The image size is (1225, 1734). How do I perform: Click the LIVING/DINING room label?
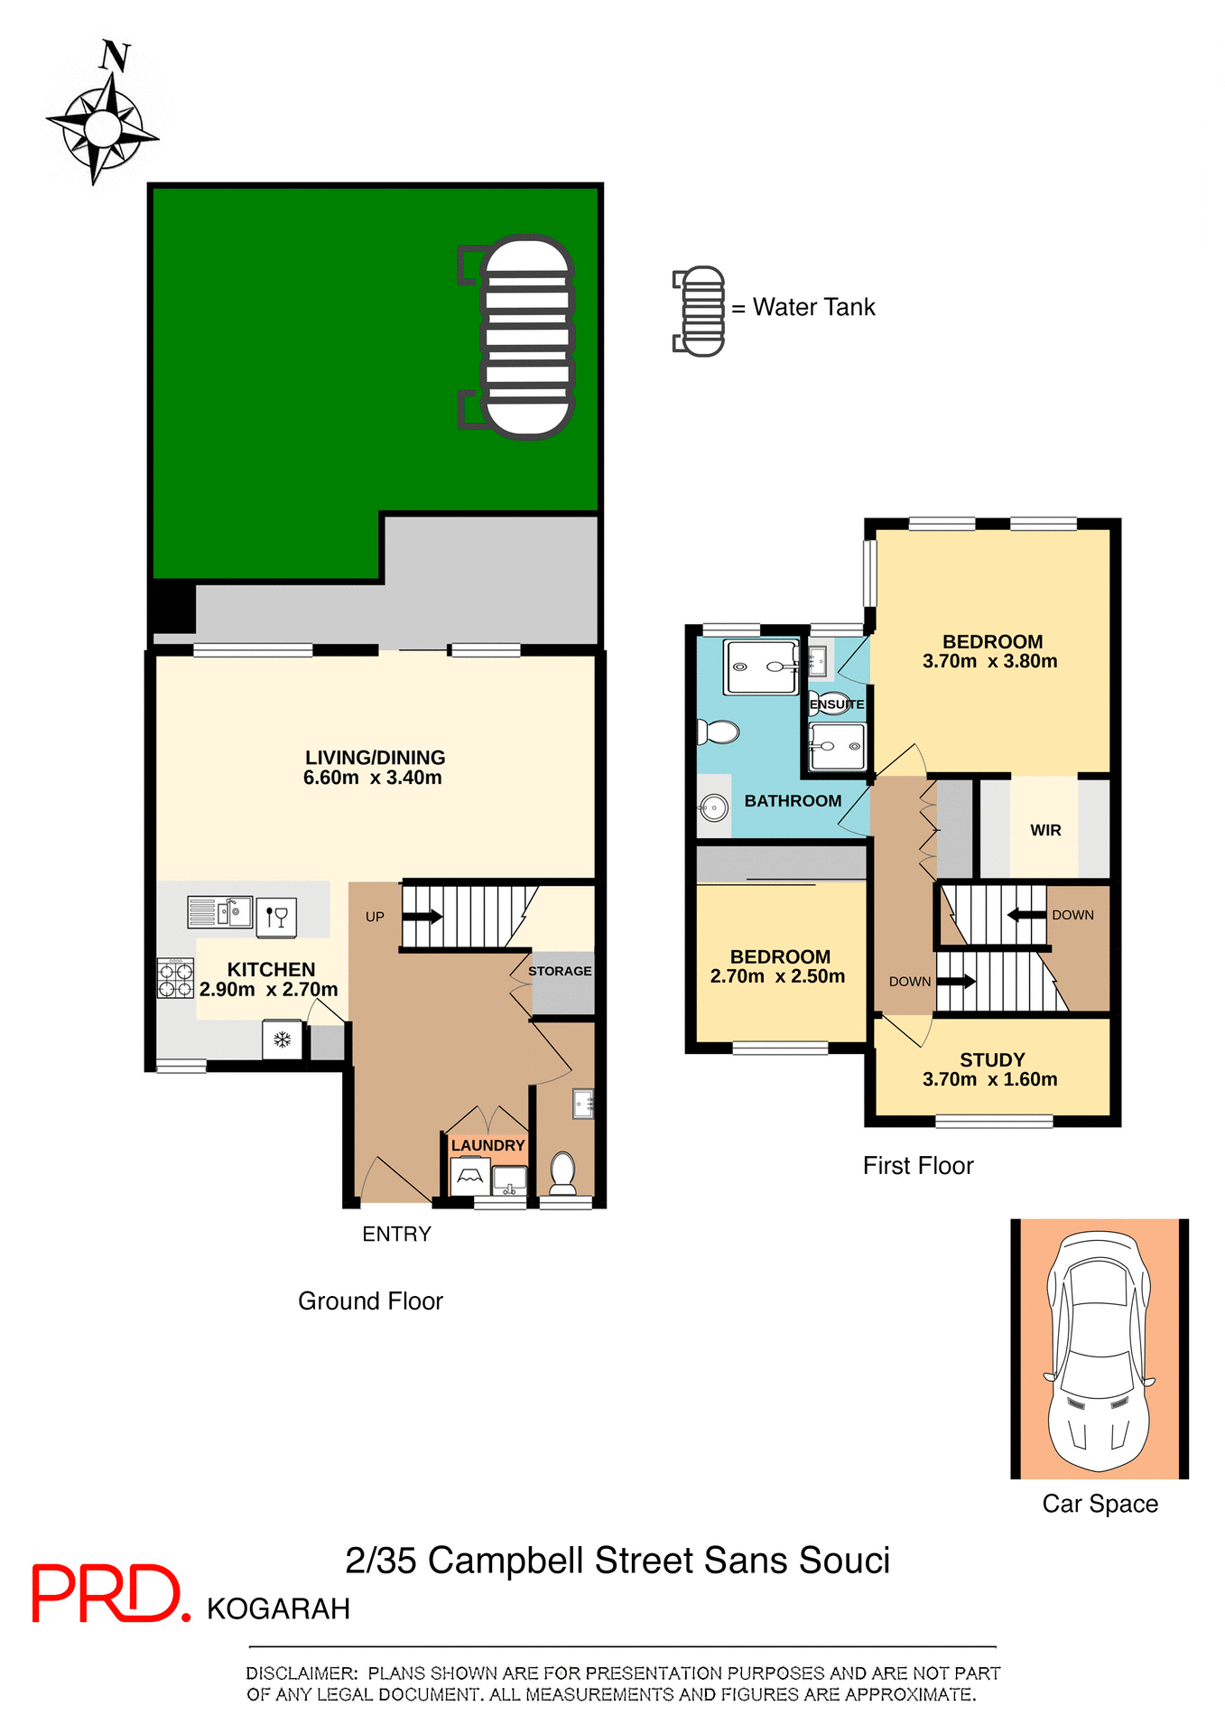pyautogui.click(x=375, y=758)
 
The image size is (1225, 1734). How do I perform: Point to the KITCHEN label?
pyautogui.click(x=271, y=969)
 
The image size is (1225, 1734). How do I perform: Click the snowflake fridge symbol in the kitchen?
pyautogui.click(x=283, y=1039)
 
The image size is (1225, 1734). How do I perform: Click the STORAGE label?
pyautogui.click(x=560, y=971)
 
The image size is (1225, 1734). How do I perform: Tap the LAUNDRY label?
pyautogui.click(x=487, y=1145)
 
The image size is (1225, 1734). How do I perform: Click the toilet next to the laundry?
pyautogui.click(x=563, y=1172)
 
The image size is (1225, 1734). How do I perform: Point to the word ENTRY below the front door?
pyautogui.click(x=396, y=1234)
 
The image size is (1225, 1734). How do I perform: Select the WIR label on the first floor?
pyautogui.click(x=1045, y=830)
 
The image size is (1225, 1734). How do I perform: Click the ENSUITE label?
pyautogui.click(x=837, y=704)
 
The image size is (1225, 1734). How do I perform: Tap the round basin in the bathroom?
pyautogui.click(x=714, y=806)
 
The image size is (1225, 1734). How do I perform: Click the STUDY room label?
pyautogui.click(x=992, y=1059)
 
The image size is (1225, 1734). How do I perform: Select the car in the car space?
pyautogui.click(x=1099, y=1350)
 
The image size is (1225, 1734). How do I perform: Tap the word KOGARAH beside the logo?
pyautogui.click(x=278, y=1609)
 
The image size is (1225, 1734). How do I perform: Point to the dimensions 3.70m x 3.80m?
pyautogui.click(x=989, y=661)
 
